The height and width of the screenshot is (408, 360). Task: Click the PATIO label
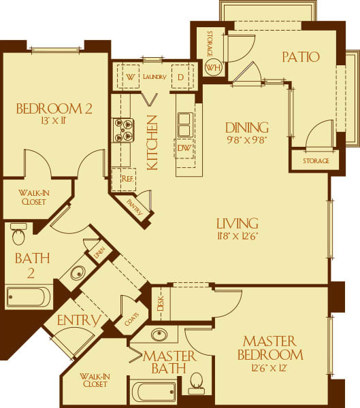point(300,56)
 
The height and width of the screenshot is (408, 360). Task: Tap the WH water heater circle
point(213,68)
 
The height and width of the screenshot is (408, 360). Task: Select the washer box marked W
point(129,77)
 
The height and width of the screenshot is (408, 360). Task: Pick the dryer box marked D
point(180,77)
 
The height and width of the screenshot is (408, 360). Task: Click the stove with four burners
point(122,130)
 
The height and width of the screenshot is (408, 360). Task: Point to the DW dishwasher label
point(184,148)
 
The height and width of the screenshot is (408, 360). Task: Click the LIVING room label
point(237,223)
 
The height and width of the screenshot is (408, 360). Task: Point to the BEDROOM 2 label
point(54,109)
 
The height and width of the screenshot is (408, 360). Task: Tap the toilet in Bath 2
point(18,235)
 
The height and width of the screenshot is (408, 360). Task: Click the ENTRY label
point(79,320)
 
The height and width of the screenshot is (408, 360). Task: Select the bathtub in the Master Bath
point(153,392)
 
